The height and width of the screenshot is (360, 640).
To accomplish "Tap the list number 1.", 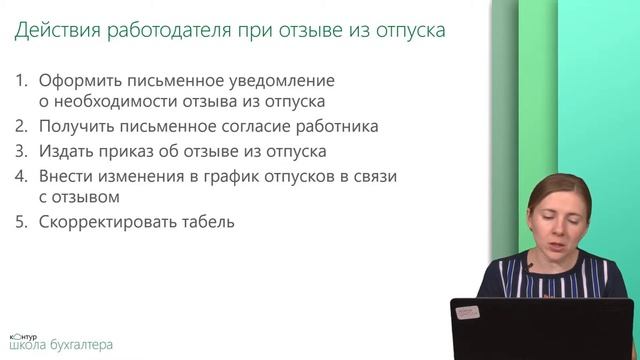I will pos(22,78).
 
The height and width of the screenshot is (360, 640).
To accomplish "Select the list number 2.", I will pos(22,127).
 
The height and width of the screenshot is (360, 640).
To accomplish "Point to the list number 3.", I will pos(22,151).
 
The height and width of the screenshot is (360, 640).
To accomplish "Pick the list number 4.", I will pos(22,175).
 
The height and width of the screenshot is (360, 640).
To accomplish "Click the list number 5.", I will pos(22,222).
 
